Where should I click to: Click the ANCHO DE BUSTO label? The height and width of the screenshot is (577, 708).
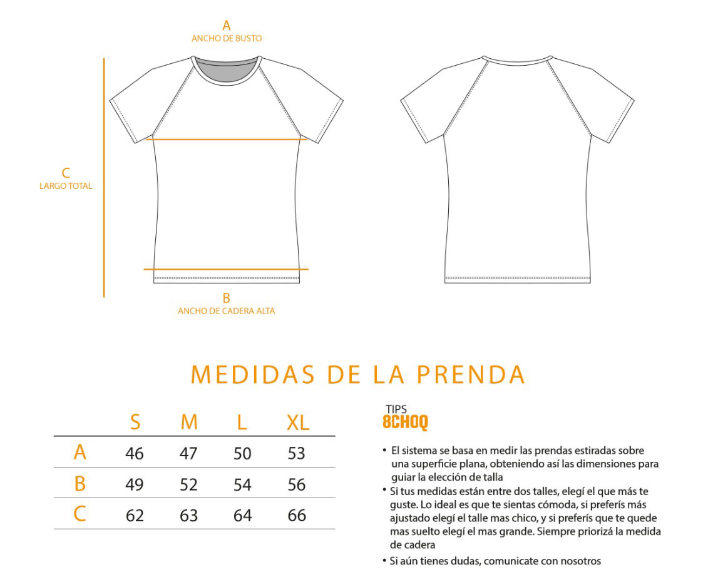point(227,38)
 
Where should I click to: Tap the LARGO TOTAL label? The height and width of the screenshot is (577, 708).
point(66,186)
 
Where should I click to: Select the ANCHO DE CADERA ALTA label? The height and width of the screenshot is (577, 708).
point(226,310)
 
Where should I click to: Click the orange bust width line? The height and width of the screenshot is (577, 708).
point(227,140)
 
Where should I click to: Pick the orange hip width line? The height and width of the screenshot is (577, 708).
point(226,269)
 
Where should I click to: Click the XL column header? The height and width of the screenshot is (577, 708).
point(298,423)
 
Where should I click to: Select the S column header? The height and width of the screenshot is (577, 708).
point(135,423)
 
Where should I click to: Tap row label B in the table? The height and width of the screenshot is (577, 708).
point(80,484)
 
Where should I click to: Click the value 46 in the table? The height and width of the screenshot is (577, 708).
point(135,453)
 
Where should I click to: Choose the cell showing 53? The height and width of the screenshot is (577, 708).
point(297,453)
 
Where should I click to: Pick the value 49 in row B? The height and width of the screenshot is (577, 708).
point(135,484)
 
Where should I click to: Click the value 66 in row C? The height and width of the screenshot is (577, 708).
point(297,515)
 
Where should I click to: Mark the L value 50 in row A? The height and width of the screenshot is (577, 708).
point(242,453)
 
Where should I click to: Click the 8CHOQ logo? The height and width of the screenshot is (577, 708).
point(405,423)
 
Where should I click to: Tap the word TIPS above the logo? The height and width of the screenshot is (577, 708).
point(396,410)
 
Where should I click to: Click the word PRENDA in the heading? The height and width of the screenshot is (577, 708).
point(471,374)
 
